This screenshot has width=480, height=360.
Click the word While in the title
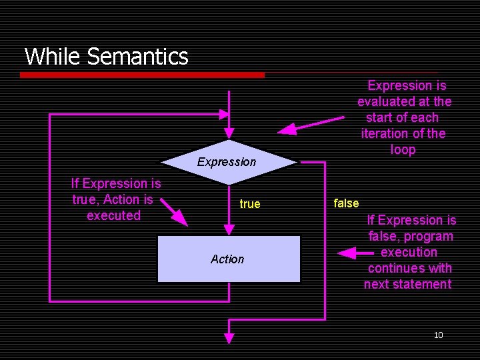[53, 57]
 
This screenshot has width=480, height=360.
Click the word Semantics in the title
[137, 57]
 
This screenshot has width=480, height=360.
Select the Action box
[228, 259]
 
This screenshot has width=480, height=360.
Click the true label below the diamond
[250, 204]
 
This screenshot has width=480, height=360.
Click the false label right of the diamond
[346, 203]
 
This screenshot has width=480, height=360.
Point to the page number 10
[438, 335]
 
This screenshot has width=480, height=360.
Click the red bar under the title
[141, 75]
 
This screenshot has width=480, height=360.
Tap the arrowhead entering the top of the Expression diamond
[229, 132]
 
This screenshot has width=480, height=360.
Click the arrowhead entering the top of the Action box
[229, 229]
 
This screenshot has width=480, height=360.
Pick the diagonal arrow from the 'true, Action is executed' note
[175, 212]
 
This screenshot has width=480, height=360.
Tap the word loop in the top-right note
[403, 149]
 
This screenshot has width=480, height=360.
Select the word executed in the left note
[114, 215]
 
